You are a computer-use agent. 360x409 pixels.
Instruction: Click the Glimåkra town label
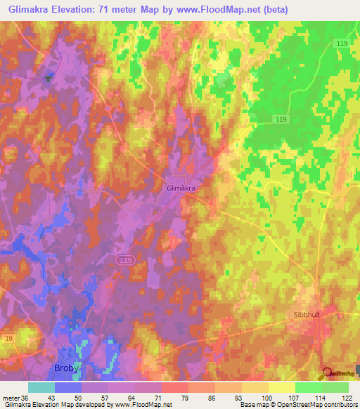[x=181, y=188]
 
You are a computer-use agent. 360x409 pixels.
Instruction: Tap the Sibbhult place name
[x=307, y=315]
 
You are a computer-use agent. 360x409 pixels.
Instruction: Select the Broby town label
[x=67, y=368]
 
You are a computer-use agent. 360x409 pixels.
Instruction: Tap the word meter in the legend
[x=12, y=398]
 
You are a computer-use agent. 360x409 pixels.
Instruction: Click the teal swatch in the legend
[x=41, y=387]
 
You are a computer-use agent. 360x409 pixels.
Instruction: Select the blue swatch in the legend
[x=67, y=387]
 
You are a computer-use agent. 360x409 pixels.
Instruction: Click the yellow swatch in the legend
[x=281, y=387]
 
